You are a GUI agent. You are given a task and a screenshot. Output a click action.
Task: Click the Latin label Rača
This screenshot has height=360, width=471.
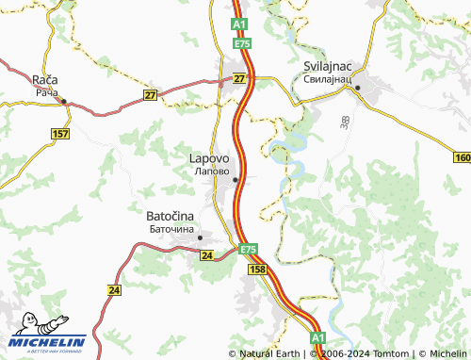46,81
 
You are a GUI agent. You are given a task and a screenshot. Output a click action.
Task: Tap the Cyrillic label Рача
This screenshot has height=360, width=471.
46,93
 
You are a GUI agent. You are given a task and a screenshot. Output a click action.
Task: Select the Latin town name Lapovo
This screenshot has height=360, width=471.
210,159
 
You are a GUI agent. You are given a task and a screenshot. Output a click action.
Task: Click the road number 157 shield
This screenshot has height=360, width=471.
61,135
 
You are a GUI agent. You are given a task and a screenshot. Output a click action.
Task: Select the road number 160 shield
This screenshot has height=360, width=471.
462,158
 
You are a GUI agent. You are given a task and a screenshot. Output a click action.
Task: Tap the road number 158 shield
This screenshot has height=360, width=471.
258,270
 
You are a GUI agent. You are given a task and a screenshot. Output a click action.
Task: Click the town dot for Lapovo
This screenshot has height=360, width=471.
235,179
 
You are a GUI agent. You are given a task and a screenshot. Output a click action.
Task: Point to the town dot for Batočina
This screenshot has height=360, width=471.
201,238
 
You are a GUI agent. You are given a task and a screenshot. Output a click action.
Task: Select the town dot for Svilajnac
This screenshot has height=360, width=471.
359,88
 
